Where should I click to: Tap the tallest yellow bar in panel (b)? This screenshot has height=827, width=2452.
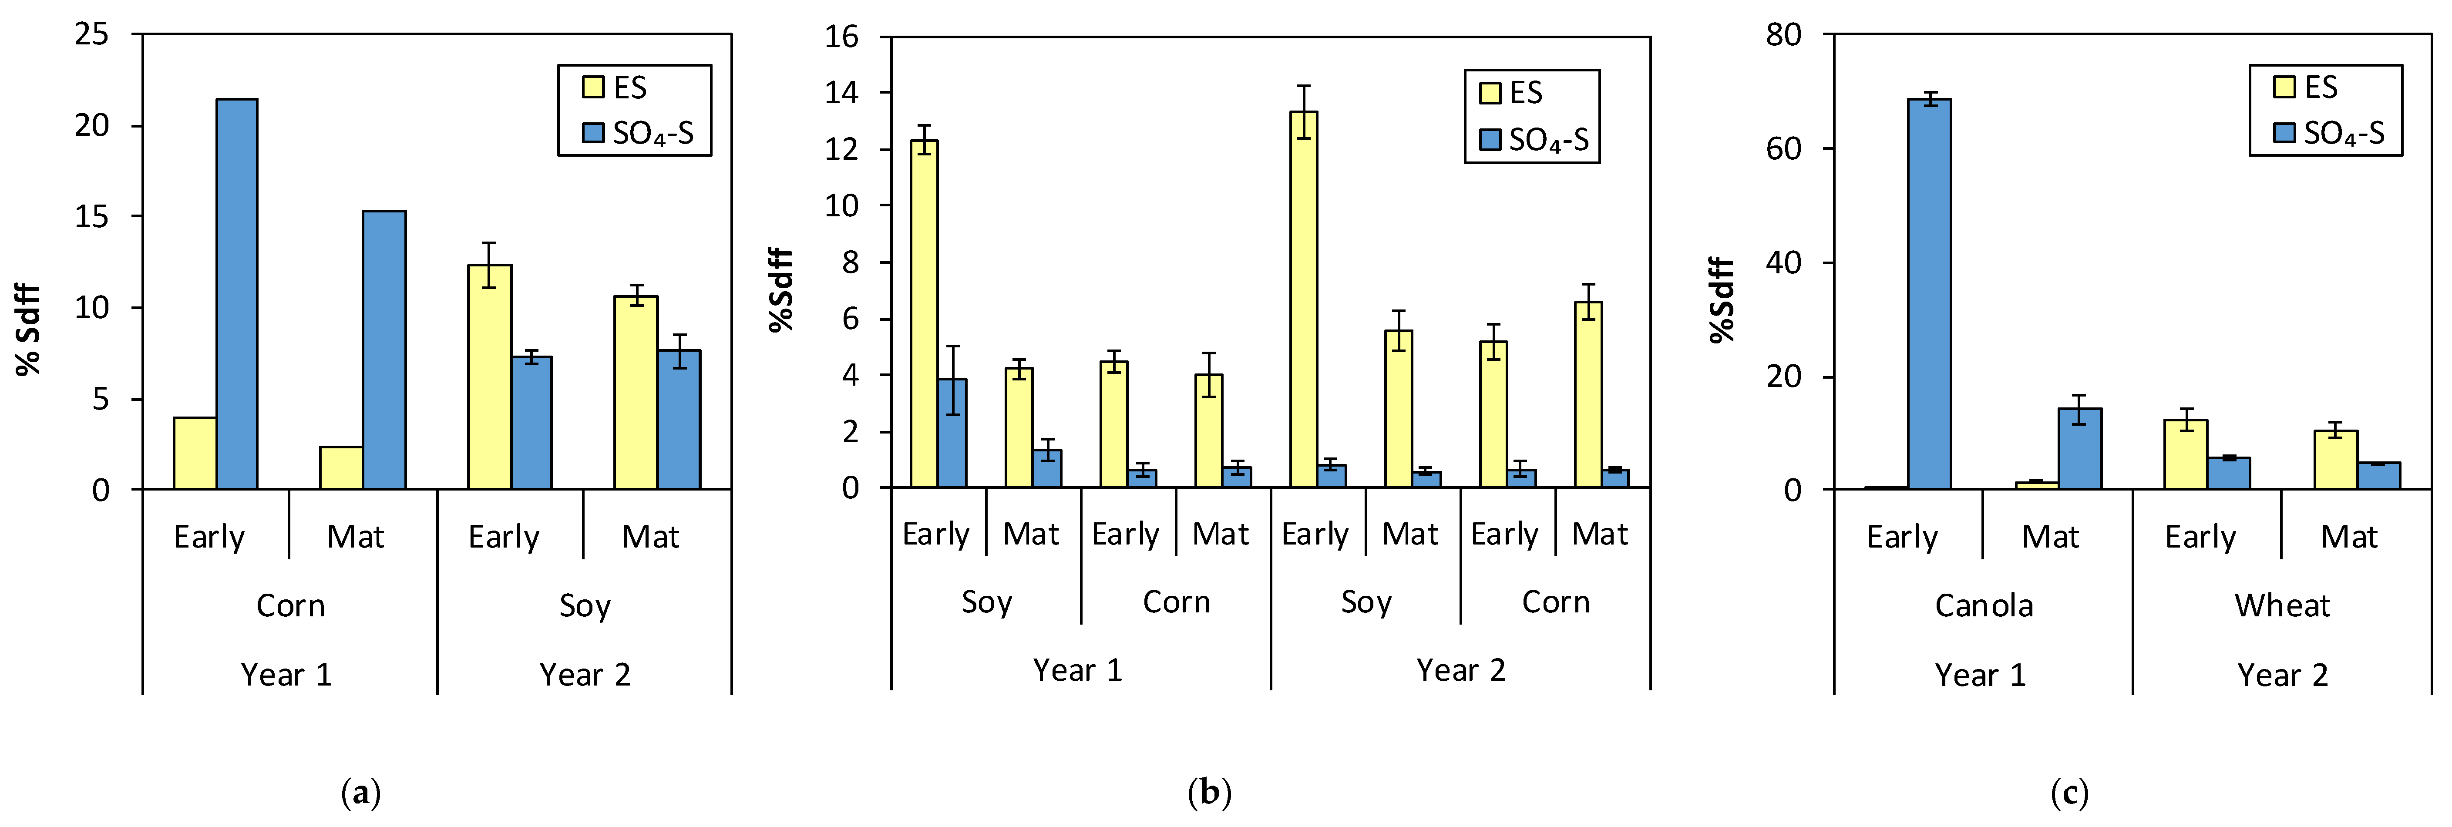[1303, 300]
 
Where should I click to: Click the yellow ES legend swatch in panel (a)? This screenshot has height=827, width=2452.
[593, 87]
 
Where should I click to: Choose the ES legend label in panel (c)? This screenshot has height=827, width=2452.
[2321, 87]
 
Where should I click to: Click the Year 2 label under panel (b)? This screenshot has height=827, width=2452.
[1460, 670]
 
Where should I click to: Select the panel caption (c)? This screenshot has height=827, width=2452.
[2069, 792]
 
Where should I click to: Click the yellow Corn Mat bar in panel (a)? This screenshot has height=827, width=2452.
[341, 468]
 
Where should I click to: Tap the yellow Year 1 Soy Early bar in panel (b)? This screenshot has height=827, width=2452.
[923, 314]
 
